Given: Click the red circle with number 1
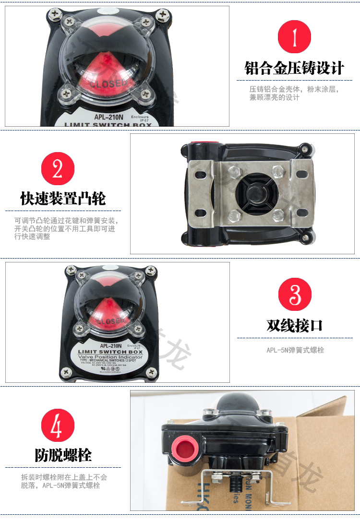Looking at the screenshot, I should [x=294, y=37].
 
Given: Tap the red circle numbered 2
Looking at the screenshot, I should [x=58, y=168].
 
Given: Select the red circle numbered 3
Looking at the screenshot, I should [x=295, y=295].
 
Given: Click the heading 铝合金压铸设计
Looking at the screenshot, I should [x=294, y=68].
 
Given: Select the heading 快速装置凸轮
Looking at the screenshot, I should [x=63, y=198].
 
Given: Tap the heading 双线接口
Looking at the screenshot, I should [x=295, y=326].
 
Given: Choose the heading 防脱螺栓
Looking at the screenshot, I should [x=63, y=455].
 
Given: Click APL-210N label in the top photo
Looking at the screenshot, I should [x=107, y=117].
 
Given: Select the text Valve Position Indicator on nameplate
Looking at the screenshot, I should [x=110, y=357].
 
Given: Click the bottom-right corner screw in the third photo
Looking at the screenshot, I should [x=151, y=371].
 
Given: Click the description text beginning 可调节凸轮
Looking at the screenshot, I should [x=65, y=229].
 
